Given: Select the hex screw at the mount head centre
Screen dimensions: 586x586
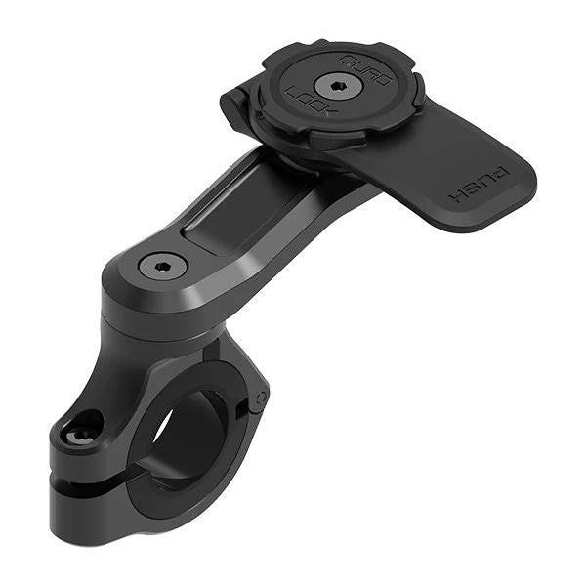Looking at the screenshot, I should pos(338,86).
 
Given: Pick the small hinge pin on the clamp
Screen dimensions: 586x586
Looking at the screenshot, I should pos(259,398).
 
